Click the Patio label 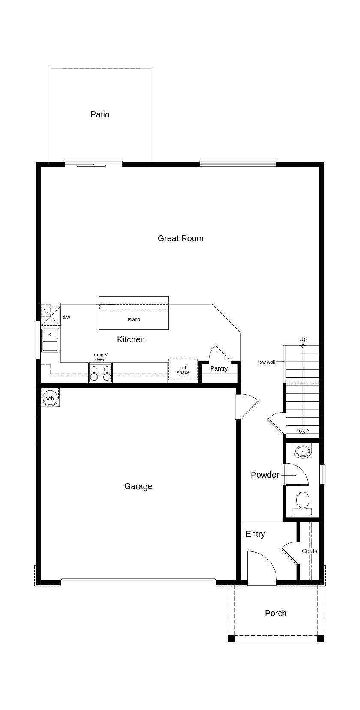point(100,114)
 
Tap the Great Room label point(180,238)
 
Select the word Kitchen point(131,339)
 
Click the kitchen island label point(134,320)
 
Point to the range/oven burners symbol point(100,373)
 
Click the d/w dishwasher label point(66,317)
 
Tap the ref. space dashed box point(183,370)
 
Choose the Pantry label point(219,368)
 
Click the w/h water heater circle point(50,398)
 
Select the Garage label point(138,486)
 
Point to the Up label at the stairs point(303,339)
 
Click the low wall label point(267,362)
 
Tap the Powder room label point(265,475)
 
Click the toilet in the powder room point(303,503)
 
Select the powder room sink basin point(303,450)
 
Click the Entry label point(255,534)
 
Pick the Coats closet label point(309,551)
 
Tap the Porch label point(276,613)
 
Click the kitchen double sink point(50,340)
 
